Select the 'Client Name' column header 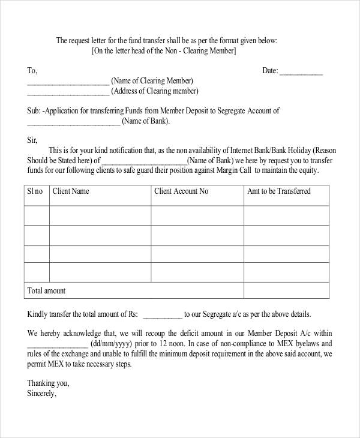pos(71,191)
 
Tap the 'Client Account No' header pos(181,191)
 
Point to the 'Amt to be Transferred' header pos(279,191)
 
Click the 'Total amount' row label pos(46,291)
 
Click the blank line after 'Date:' pos(301,71)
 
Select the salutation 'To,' pos(32,71)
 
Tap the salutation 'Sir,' pos(32,140)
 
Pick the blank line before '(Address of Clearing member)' pos(68,92)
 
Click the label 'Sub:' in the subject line pos(34,111)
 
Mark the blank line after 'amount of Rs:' pos(163,314)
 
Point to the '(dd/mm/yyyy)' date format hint pos(111,344)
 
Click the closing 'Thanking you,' pos(49,383)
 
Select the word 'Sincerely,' pos(42,394)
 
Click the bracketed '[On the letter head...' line pos(164,52)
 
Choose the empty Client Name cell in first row pos(100,215)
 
